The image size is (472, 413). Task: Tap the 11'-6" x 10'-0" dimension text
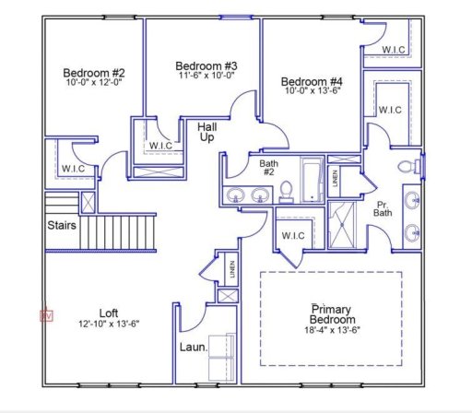coord(206,77)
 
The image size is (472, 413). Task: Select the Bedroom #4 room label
coord(312,82)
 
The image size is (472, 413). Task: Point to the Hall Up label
coord(208,131)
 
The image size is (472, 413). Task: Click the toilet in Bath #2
coord(286,191)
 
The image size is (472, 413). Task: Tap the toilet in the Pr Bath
coord(406,168)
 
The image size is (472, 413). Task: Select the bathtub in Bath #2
coord(310,179)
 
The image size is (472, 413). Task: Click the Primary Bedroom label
coord(335,313)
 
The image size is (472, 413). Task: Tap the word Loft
coord(109,313)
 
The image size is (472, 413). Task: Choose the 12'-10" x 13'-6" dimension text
coord(109,324)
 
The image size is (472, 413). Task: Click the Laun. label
coord(192,348)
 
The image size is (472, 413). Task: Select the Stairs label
coord(61,224)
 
